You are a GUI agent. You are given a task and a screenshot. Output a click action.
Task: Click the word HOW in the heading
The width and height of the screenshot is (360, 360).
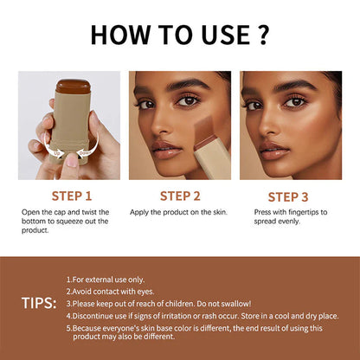click(121, 35)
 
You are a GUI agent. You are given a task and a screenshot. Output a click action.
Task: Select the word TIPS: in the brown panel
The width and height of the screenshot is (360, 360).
click(39, 304)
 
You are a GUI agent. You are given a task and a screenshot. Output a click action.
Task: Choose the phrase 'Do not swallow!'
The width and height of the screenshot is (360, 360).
click(224, 304)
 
